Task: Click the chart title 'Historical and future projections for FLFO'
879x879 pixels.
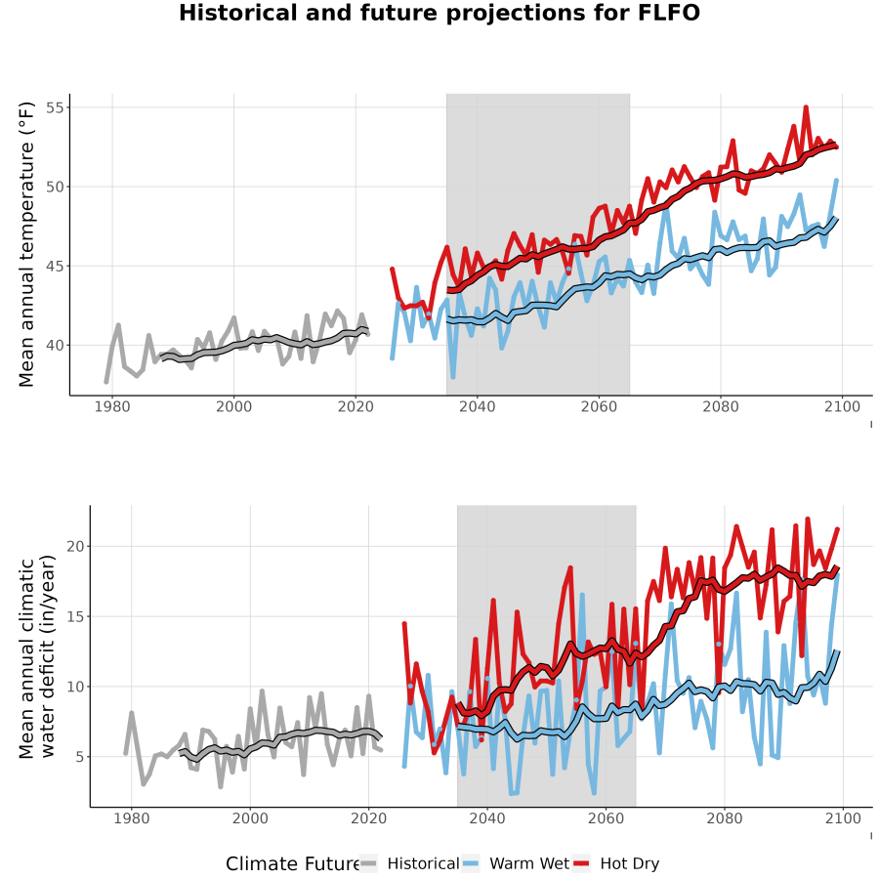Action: coord(439,13)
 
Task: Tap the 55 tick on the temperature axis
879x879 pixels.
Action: coord(55,107)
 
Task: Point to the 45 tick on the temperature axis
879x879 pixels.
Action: coord(55,267)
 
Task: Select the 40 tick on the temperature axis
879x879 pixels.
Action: coord(55,346)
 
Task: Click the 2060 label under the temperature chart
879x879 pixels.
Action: coord(599,406)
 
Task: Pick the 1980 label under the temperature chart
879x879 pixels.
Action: coord(112,406)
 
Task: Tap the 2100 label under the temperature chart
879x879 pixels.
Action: coord(842,406)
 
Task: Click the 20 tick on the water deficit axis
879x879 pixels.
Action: coord(75,547)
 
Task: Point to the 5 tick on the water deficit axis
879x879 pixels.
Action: coord(81,757)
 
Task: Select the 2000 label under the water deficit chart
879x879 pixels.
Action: coord(250,818)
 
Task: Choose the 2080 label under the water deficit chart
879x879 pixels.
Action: coord(725,818)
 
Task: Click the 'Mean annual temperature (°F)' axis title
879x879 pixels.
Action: coord(26,244)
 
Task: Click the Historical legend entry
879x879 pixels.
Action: coord(409,863)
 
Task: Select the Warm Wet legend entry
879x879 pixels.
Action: coord(516,863)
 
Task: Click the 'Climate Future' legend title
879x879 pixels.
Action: coord(293,864)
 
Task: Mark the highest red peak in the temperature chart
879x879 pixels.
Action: coord(806,106)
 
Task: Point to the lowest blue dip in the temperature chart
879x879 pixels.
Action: coord(453,377)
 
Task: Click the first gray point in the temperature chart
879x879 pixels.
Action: coord(105,382)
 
